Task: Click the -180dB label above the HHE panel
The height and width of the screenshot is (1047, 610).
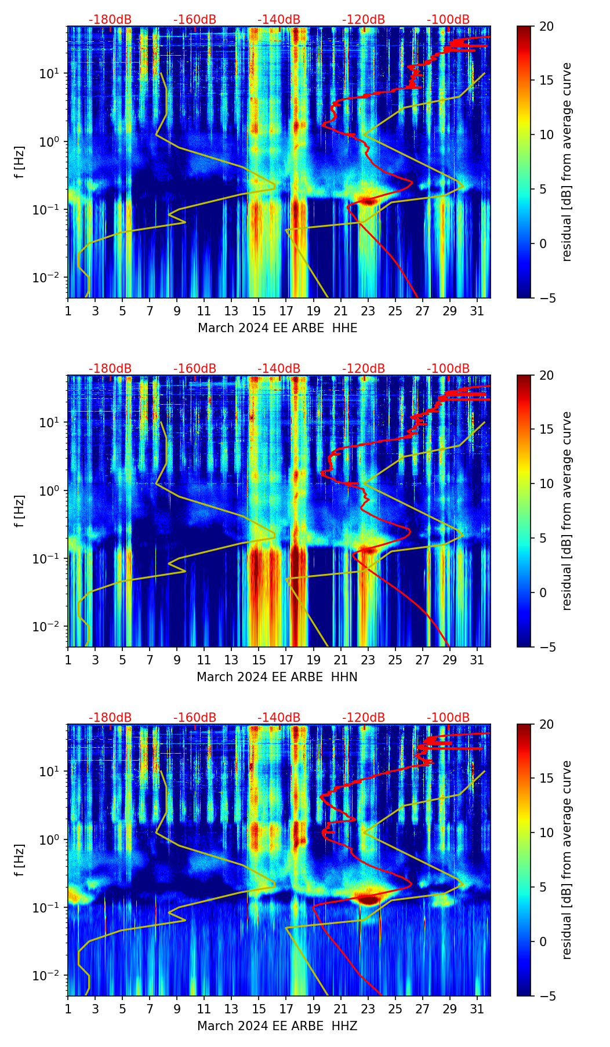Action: pos(110,20)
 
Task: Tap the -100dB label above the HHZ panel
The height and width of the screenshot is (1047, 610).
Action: pos(448,718)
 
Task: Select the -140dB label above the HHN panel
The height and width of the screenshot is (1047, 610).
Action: pos(279,369)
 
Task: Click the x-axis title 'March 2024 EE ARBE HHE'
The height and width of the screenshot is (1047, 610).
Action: pos(277,328)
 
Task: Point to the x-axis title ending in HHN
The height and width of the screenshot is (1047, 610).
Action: pos(277,677)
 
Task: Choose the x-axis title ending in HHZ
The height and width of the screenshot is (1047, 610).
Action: pos(277,1026)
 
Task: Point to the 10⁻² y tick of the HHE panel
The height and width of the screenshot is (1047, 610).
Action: pos(52,278)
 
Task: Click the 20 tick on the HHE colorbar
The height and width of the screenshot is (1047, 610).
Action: pos(546,26)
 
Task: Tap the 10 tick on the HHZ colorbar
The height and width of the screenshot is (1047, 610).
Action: pos(546,832)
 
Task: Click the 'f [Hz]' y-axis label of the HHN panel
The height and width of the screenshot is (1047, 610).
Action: pos(20,511)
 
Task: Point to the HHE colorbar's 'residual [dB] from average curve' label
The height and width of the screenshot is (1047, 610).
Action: pos(567,162)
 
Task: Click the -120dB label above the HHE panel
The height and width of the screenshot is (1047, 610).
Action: pos(364,20)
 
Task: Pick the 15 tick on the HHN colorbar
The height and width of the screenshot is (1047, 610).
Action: pos(546,430)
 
